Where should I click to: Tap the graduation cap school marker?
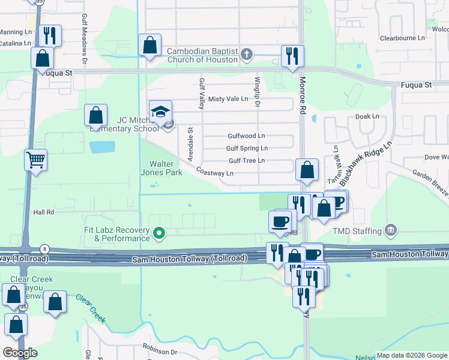160,113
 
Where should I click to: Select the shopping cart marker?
36,161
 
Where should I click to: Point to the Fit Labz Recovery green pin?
159,232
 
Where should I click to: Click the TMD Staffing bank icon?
391,230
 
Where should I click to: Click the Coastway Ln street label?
214,173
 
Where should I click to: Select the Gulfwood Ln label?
246,136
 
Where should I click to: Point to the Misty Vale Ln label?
228,99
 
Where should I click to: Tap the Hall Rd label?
44,212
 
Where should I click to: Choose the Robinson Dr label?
160,346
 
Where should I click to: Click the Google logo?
20,353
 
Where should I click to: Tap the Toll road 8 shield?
44,248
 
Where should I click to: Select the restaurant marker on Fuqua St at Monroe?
292,57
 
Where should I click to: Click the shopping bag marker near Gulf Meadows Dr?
96,115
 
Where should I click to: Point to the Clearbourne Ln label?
402,38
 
